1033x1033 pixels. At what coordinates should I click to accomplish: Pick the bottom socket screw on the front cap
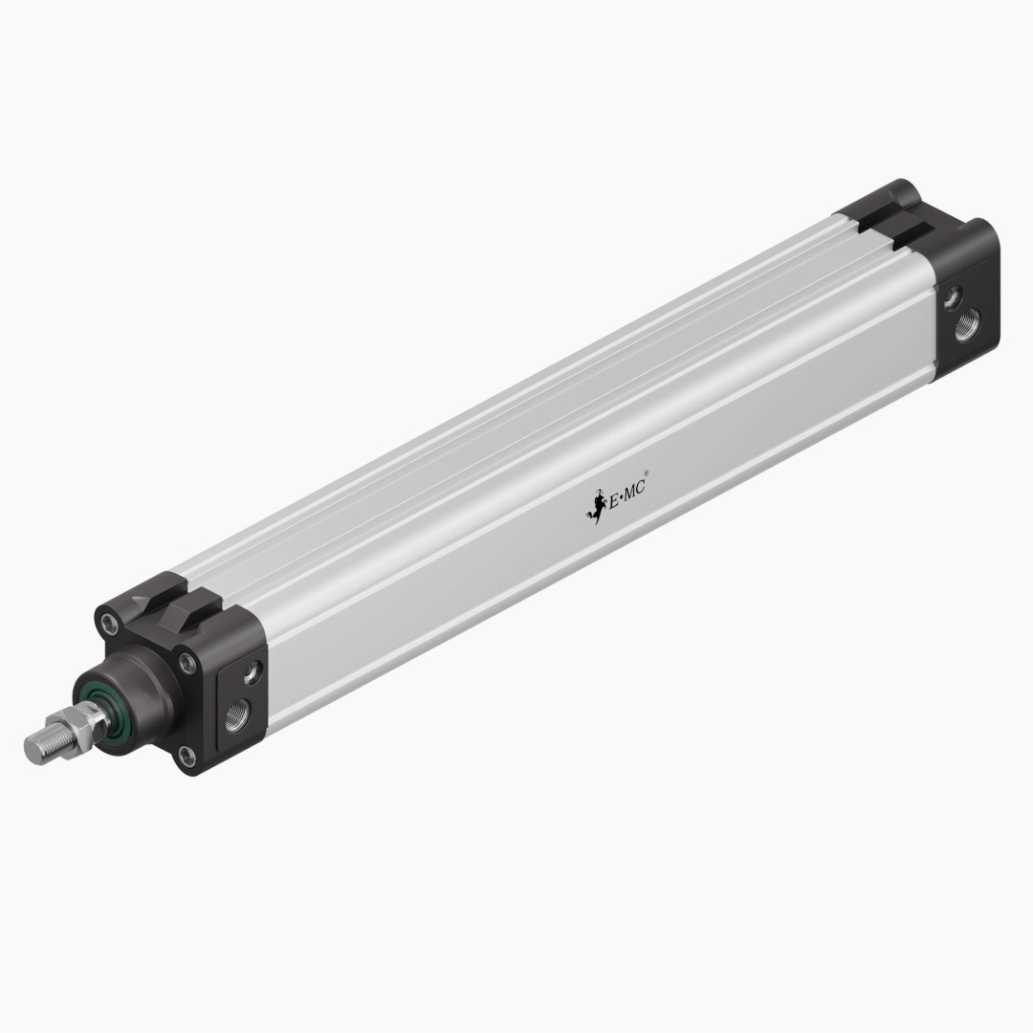coord(187,757)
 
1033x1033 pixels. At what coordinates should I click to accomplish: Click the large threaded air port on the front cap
coord(234,713)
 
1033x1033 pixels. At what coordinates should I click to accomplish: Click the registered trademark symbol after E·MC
coord(648,473)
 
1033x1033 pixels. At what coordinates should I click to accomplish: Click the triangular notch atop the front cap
coord(143,601)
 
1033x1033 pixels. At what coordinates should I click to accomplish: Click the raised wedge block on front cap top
coord(191,606)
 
